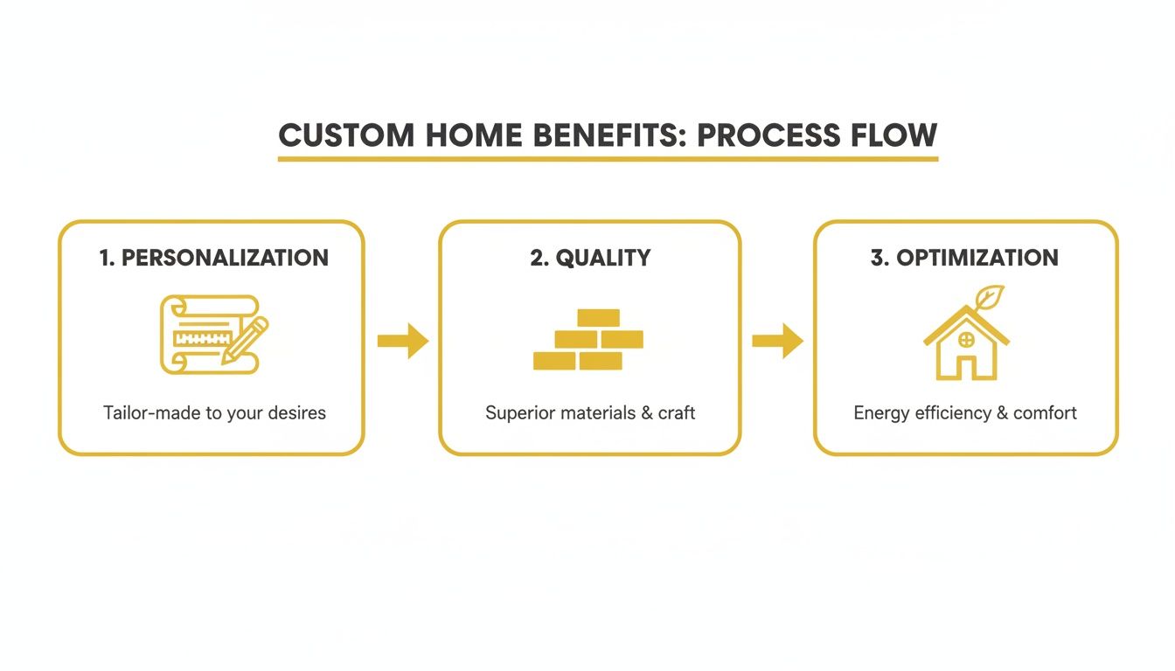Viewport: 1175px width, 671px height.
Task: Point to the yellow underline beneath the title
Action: [x=608, y=159]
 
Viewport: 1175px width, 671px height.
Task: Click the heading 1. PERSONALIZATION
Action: [x=214, y=258]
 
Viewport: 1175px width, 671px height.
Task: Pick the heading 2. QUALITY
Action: [x=590, y=258]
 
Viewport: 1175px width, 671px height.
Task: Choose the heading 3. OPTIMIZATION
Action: [x=964, y=258]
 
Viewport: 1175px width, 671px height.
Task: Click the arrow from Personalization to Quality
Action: [x=402, y=341]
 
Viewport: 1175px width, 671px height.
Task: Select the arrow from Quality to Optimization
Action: [x=777, y=341]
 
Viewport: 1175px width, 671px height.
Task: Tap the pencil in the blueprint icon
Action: [x=246, y=341]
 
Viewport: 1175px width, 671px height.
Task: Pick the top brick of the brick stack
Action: [x=598, y=317]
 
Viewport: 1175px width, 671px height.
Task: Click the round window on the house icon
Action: [x=966, y=339]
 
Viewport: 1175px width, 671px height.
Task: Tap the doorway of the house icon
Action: [x=966, y=367]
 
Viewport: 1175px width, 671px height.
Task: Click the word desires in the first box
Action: [x=298, y=412]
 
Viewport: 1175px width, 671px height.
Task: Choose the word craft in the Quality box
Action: [x=677, y=412]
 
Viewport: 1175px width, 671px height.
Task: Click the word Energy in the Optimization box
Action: [x=881, y=412]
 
